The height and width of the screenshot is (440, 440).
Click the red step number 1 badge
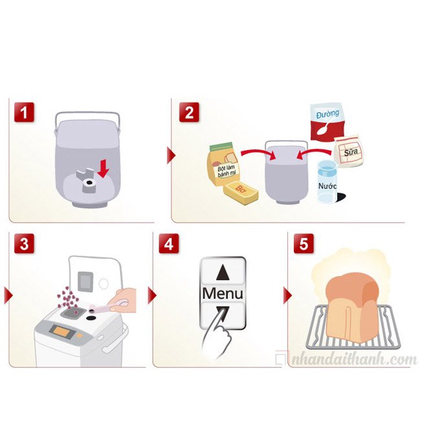pos(24,112)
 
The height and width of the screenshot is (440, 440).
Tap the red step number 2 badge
pos(189,112)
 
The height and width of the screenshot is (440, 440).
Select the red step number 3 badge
pos(24,243)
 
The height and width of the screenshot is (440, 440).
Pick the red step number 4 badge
pos(169,243)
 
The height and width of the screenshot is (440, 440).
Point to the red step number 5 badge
pos(303,243)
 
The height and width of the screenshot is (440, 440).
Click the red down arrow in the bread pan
pos(104,169)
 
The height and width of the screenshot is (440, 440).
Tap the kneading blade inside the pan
pos(88,181)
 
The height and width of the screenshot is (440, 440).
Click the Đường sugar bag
pos(327,122)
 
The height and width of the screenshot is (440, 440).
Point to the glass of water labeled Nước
pos(327,182)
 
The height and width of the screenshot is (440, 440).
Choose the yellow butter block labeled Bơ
pos(241,193)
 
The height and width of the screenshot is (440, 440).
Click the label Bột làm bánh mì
pos(226,171)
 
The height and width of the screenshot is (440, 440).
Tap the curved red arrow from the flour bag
pos(258,153)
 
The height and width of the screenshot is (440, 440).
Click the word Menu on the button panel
pos(223,294)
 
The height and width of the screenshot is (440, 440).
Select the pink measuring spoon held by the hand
pos(108,307)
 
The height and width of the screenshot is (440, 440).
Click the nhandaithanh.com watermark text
pos(354,360)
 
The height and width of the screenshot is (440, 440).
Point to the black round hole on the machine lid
pos(91,318)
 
